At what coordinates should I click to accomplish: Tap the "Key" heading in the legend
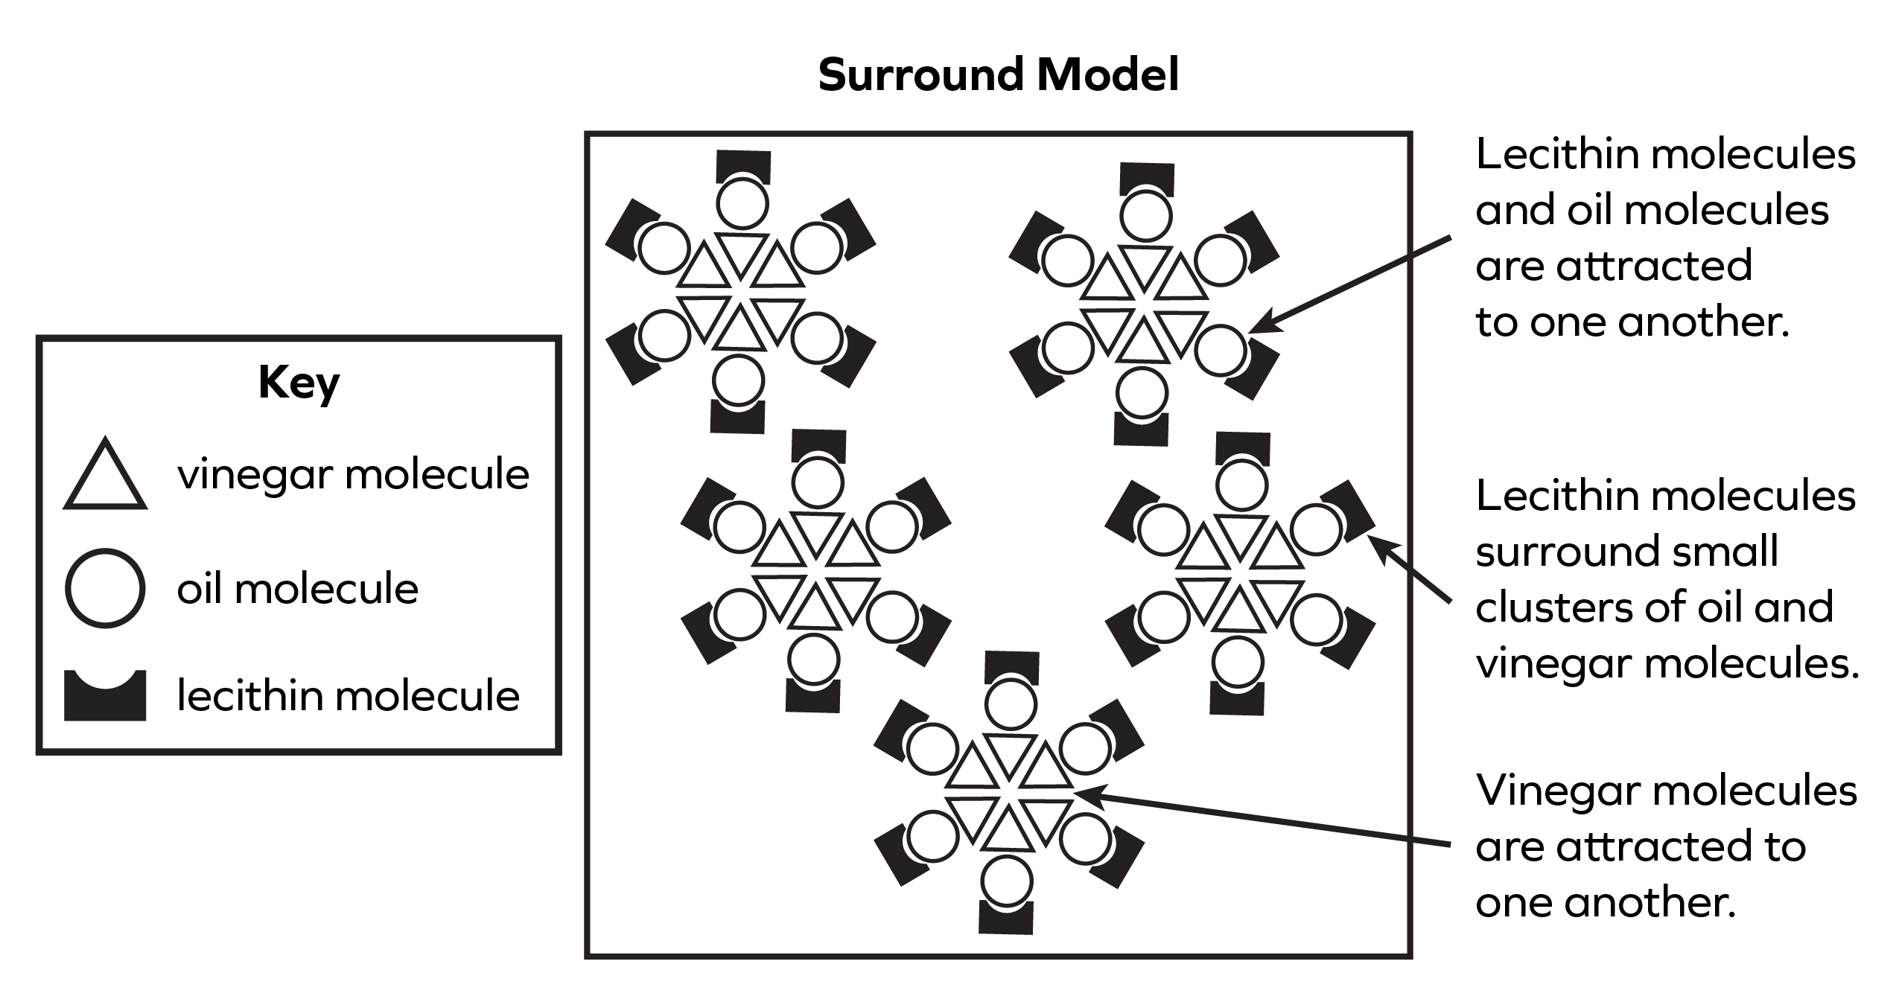pyautogui.click(x=299, y=383)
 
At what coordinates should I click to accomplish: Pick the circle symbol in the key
pyautogui.click(x=105, y=588)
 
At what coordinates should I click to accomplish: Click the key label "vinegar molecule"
pyautogui.click(x=353, y=474)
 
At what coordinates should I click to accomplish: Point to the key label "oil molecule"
pyautogui.click(x=297, y=589)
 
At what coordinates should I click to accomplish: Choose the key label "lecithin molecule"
pyautogui.click(x=348, y=697)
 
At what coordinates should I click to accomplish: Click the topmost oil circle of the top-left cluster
pyautogui.click(x=742, y=203)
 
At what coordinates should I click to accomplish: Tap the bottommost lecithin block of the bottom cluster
pyautogui.click(x=1006, y=919)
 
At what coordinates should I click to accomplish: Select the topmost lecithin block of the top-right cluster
pyautogui.click(x=1148, y=179)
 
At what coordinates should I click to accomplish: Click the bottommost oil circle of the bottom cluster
pyautogui.click(x=1007, y=881)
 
